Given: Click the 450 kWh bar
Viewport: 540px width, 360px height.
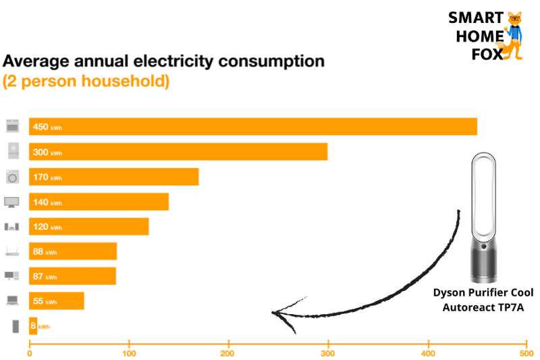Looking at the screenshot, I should pos(253,127).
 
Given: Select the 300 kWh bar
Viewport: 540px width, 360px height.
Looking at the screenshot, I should pos(178,152).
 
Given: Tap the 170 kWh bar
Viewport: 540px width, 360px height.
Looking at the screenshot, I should pos(114,177).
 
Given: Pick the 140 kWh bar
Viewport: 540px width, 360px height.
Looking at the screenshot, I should pos(99,202).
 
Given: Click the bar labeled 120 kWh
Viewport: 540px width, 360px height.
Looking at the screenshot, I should pos(88,226).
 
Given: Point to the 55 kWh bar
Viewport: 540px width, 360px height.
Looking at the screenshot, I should pos(57,301).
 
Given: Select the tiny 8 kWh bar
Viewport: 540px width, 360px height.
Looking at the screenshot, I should pos(33,326).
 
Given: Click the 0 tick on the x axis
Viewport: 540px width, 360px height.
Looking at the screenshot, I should pos(29,352).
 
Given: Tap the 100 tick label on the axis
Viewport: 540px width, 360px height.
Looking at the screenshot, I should pos(129,352).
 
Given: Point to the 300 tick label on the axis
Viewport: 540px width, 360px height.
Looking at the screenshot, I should pos(328,352).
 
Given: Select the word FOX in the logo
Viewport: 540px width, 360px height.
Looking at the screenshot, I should pos(487,55).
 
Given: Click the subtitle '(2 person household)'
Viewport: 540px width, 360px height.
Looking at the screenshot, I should pos(86,82).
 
